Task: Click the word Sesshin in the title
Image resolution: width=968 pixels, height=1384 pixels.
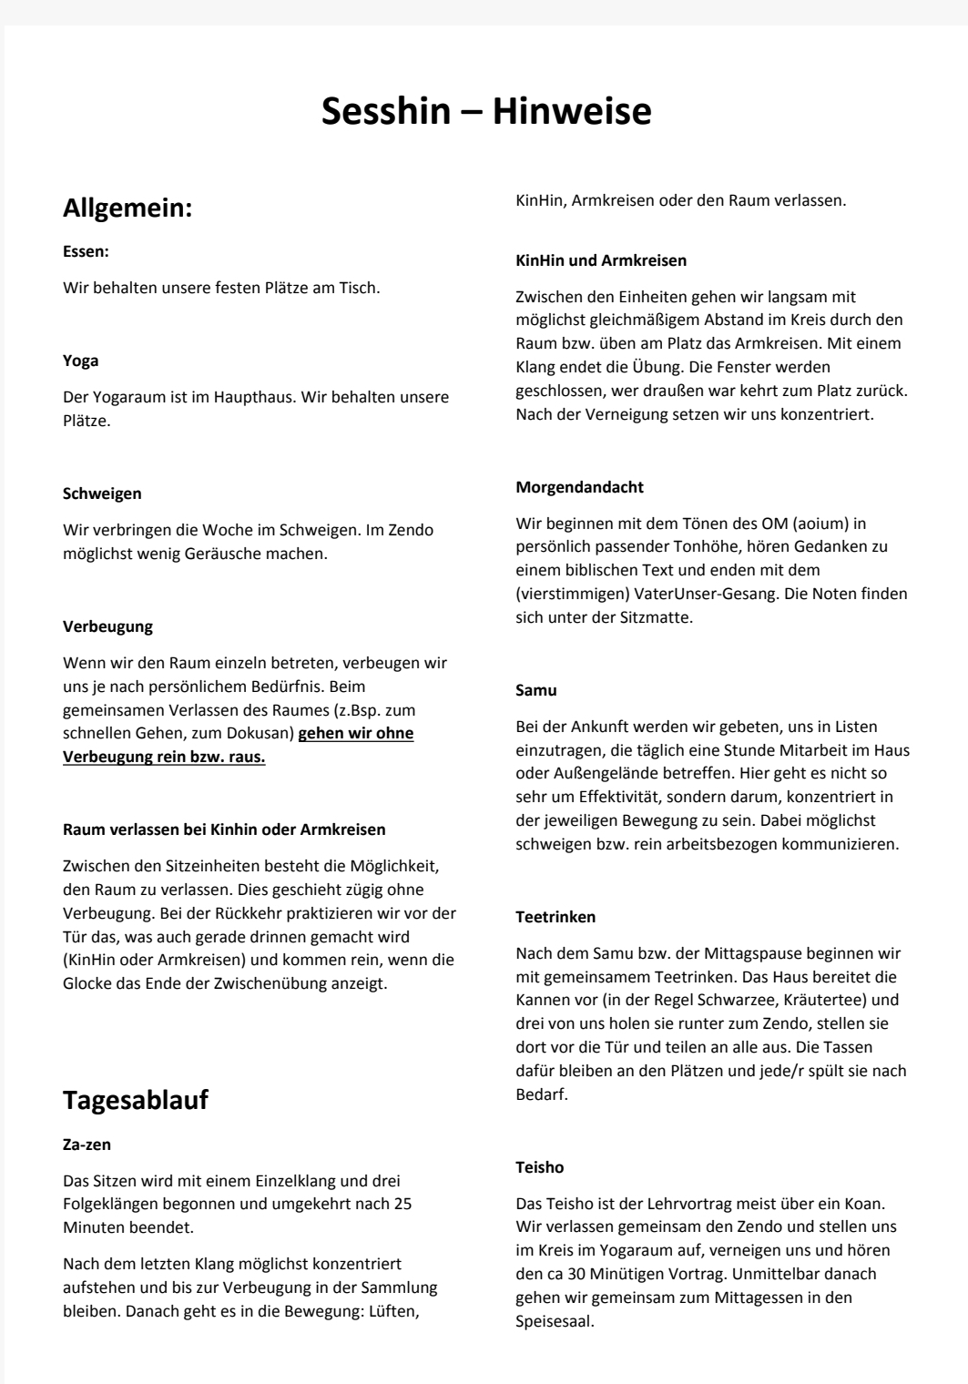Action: pyautogui.click(x=386, y=111)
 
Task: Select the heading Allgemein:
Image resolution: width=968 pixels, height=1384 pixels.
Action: pyautogui.click(x=127, y=209)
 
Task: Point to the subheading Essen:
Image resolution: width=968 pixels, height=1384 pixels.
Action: pyautogui.click(x=86, y=250)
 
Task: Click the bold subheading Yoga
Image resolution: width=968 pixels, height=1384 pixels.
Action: pyautogui.click(x=80, y=361)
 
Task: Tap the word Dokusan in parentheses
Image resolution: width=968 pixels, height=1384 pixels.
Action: pyautogui.click(x=258, y=733)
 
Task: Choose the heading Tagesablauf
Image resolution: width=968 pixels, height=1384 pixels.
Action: pyautogui.click(x=136, y=1099)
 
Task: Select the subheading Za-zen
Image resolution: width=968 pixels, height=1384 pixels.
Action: pyautogui.click(x=87, y=1144)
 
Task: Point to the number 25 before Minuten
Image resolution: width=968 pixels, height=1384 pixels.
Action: pyautogui.click(x=402, y=1204)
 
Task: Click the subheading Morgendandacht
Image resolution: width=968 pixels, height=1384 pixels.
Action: pyautogui.click(x=579, y=487)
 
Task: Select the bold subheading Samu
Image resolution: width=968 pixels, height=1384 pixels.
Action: pyautogui.click(x=536, y=690)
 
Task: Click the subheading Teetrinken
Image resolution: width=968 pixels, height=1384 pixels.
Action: pyautogui.click(x=555, y=917)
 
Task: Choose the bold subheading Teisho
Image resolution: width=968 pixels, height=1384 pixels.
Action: pyautogui.click(x=540, y=1167)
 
